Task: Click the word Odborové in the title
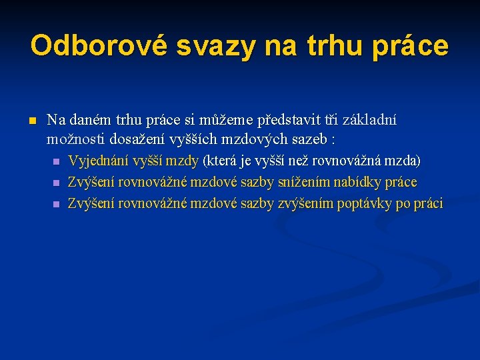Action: [x=99, y=46]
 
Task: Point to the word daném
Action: [x=91, y=121]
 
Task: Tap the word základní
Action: [x=367, y=121]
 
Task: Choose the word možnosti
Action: [x=73, y=139]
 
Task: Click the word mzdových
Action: [x=253, y=139]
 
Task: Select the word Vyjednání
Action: [x=99, y=161]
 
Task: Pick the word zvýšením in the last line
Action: [x=307, y=203]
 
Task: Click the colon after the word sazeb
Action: [x=332, y=140]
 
